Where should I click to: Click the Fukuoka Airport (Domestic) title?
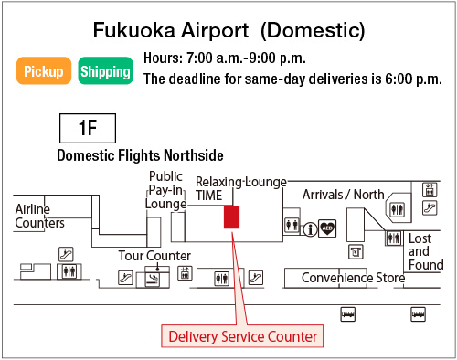(228, 30)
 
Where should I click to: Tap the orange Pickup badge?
(44, 71)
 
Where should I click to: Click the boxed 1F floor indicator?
(88, 127)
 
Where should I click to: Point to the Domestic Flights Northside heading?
(140, 155)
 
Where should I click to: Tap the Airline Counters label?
(39, 216)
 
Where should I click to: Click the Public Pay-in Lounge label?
(165, 190)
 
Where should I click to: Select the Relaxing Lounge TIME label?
(240, 188)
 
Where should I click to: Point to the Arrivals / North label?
(344, 194)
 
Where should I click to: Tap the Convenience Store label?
(353, 278)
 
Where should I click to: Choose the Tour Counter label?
(154, 256)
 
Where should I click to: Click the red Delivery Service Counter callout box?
(242, 336)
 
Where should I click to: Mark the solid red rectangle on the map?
(232, 217)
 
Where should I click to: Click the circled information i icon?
(311, 228)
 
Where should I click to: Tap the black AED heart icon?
(328, 228)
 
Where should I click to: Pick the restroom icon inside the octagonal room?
(397, 209)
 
